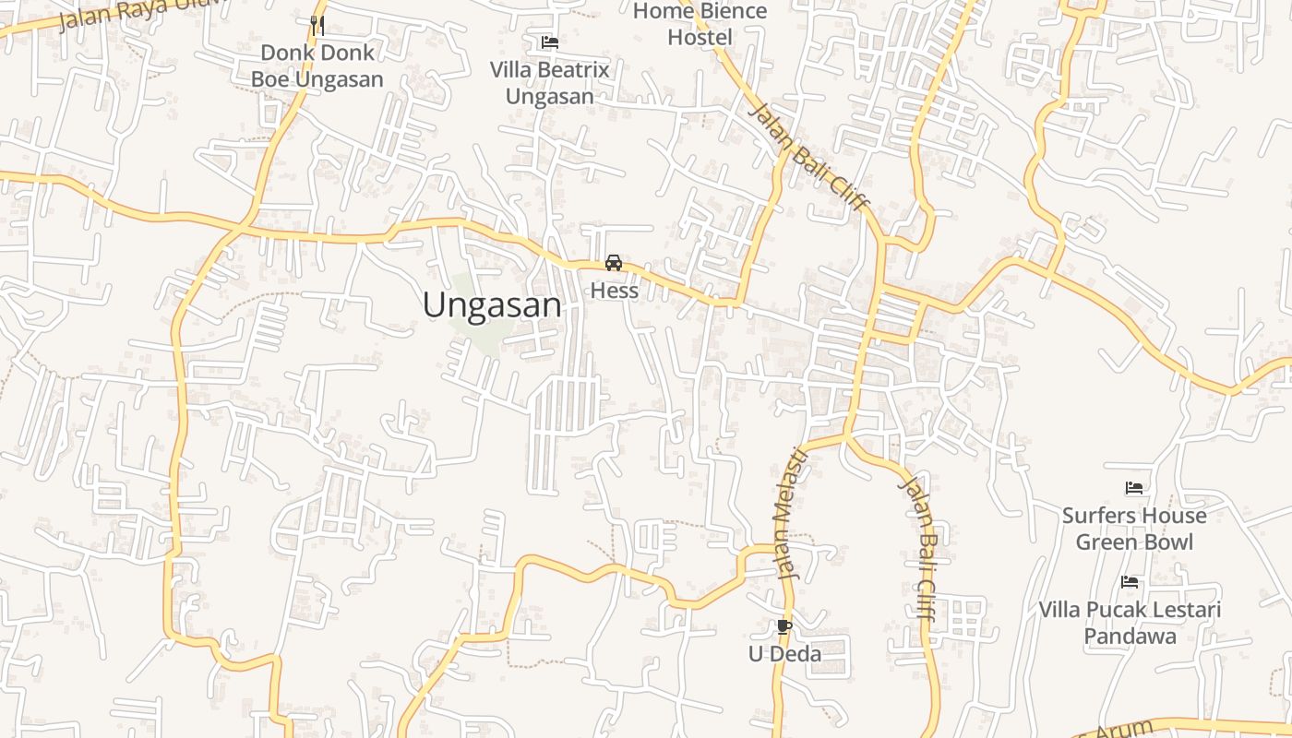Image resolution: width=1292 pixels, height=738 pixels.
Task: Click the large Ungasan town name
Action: point(492,305)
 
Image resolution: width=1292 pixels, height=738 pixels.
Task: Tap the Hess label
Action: point(614,291)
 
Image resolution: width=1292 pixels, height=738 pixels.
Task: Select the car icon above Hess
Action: point(614,263)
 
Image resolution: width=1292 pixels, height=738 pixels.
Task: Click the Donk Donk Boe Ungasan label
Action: point(317,66)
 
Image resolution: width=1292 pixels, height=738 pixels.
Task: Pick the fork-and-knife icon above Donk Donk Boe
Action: point(317,25)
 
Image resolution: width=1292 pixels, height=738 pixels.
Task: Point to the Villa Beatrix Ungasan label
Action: point(549,83)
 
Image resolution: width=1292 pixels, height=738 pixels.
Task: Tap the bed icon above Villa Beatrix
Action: point(550,42)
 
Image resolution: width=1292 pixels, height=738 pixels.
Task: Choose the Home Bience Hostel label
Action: point(700,24)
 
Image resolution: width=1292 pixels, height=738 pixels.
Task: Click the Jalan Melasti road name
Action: point(790,513)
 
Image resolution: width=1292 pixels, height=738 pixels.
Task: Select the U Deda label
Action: point(784,654)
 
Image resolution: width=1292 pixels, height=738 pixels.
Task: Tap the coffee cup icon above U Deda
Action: point(784,627)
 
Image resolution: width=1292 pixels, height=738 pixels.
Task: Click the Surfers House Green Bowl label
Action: point(1134,529)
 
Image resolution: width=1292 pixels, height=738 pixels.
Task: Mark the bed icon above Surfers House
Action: point(1134,487)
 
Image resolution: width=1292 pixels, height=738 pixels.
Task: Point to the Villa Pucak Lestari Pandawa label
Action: point(1130,623)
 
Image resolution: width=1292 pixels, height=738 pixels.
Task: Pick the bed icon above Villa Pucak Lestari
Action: point(1130,582)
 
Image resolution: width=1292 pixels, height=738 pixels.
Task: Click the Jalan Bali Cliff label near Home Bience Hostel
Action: point(809,157)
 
